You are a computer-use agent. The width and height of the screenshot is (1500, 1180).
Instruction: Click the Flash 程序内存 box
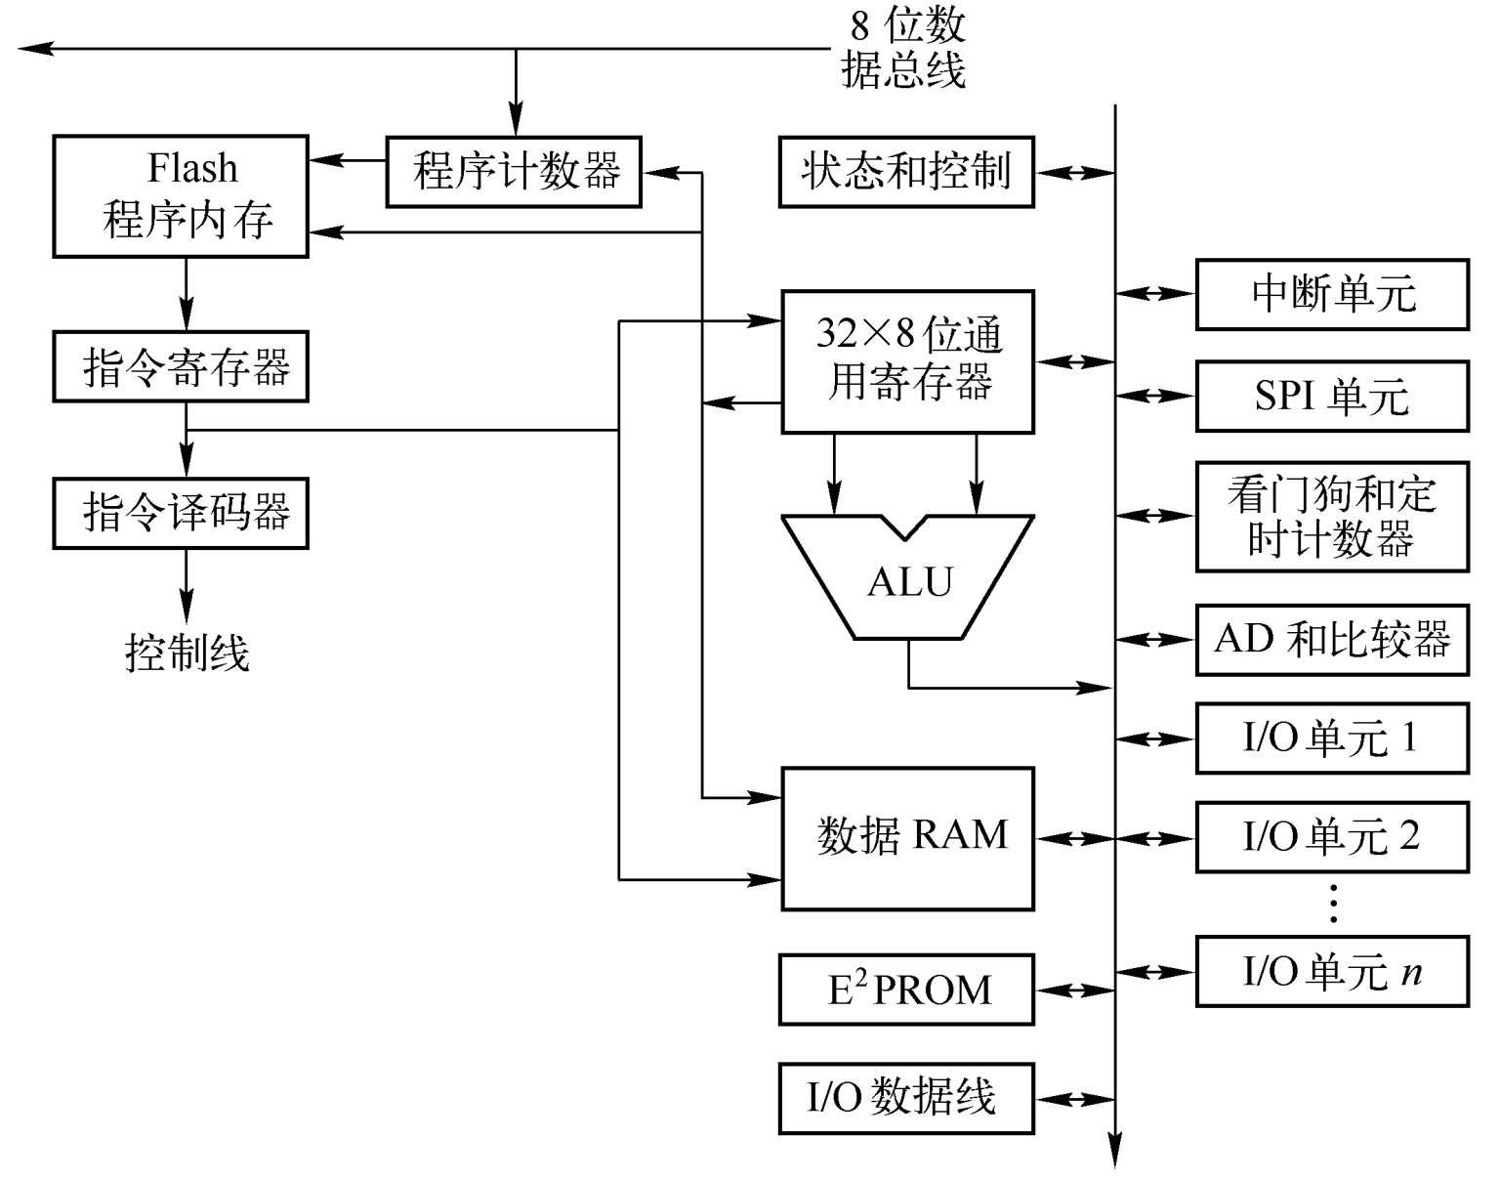click(181, 196)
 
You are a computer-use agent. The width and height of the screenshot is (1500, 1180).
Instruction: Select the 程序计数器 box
click(514, 172)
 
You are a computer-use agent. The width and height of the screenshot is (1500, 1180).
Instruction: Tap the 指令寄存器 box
click(181, 367)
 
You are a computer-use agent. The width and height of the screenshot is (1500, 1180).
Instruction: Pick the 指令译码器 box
click(181, 513)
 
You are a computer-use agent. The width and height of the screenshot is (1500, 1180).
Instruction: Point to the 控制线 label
click(187, 653)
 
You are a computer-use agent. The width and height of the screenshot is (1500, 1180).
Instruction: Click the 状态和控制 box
click(906, 172)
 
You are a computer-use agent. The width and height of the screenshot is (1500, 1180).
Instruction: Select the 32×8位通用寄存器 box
click(908, 361)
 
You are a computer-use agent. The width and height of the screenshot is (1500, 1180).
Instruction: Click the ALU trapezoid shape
click(908, 581)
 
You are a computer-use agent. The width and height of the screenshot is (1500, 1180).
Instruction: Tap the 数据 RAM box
click(908, 838)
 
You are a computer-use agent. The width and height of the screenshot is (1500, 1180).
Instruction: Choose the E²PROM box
click(906, 990)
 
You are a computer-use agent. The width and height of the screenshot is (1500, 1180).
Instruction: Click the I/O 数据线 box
click(906, 1098)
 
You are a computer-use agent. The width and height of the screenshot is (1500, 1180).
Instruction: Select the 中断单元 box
click(1332, 294)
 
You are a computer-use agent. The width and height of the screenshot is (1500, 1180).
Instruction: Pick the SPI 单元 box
click(1332, 397)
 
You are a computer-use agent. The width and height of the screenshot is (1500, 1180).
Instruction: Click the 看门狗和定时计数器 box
click(1332, 517)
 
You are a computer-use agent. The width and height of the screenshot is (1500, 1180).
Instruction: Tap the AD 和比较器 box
click(1332, 640)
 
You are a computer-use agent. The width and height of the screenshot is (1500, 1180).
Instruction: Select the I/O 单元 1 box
click(1332, 737)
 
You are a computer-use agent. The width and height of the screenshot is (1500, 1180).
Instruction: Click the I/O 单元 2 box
click(1332, 837)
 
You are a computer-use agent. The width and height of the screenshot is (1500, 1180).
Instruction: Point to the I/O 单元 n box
click(1332, 972)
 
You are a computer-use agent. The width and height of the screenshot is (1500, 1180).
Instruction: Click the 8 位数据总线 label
click(903, 49)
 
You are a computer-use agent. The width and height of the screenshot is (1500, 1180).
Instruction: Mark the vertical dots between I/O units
click(1333, 904)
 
